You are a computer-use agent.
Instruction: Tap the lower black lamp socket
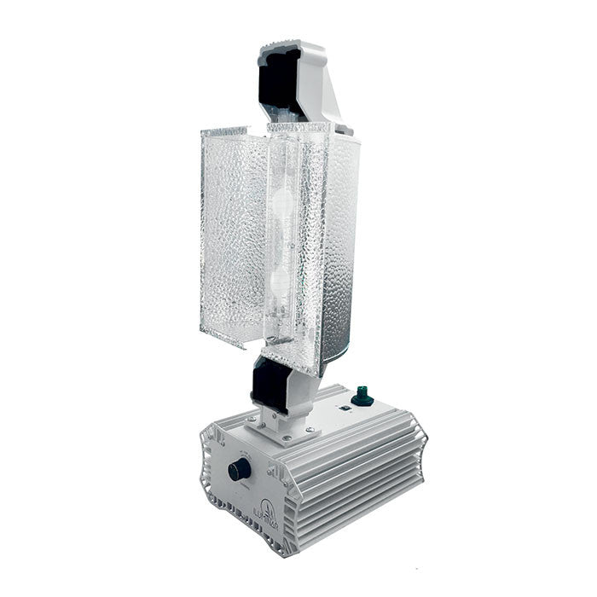(x=272, y=385)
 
